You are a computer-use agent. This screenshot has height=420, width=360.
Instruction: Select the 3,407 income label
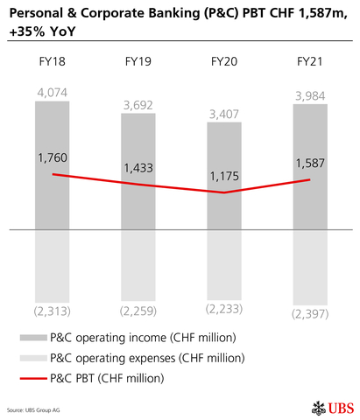point(223,113)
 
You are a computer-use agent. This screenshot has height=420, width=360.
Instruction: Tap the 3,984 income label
point(309,94)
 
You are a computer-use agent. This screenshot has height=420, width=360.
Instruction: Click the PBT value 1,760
point(53,158)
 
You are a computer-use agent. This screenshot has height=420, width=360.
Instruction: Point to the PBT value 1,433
point(138,168)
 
